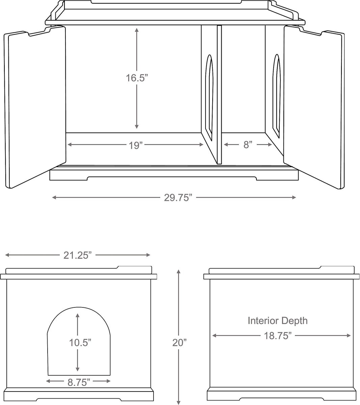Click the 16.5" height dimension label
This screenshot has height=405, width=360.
137,78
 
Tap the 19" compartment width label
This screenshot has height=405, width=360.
136,145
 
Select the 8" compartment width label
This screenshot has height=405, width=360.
248,145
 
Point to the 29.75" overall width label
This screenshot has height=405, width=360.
178,197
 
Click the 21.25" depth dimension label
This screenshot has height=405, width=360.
78,255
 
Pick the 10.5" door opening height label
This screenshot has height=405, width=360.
80,343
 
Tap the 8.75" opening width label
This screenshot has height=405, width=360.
79,382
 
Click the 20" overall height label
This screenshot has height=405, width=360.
179,343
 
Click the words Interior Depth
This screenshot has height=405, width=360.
278,320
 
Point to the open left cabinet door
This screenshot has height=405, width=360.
35,108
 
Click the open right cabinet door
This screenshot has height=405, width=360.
314,108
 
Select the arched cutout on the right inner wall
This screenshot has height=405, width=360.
277,96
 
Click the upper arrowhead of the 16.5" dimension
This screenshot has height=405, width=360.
137,30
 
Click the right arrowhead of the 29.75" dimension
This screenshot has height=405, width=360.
294,197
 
